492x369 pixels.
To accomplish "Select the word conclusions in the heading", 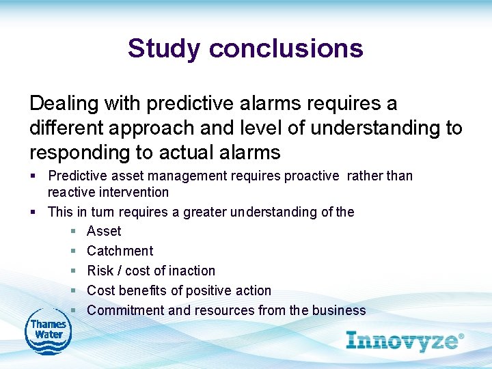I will [286, 49].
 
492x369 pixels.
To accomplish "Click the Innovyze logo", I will [401, 340].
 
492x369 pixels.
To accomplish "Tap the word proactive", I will [312, 176].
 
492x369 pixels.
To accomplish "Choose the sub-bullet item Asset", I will [104, 232].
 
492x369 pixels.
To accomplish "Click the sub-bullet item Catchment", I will [120, 251].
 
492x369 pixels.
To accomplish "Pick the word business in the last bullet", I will [339, 310].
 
